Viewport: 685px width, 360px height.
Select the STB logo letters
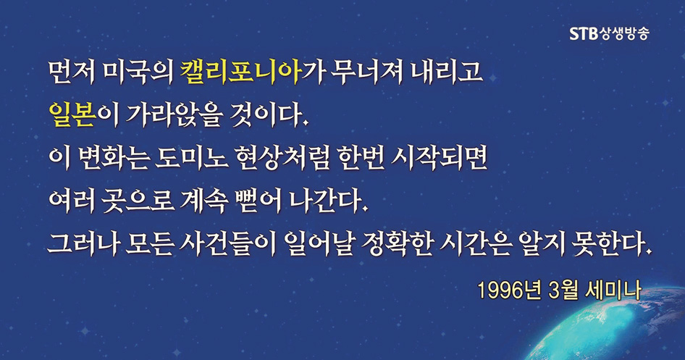pos(584,33)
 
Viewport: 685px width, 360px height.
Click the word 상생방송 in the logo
pos(624,33)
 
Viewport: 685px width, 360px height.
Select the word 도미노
pos(191,159)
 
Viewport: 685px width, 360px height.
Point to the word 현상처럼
pos(282,159)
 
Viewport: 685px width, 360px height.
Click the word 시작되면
pos(440,159)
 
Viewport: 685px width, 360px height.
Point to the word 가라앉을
pos(174,115)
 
